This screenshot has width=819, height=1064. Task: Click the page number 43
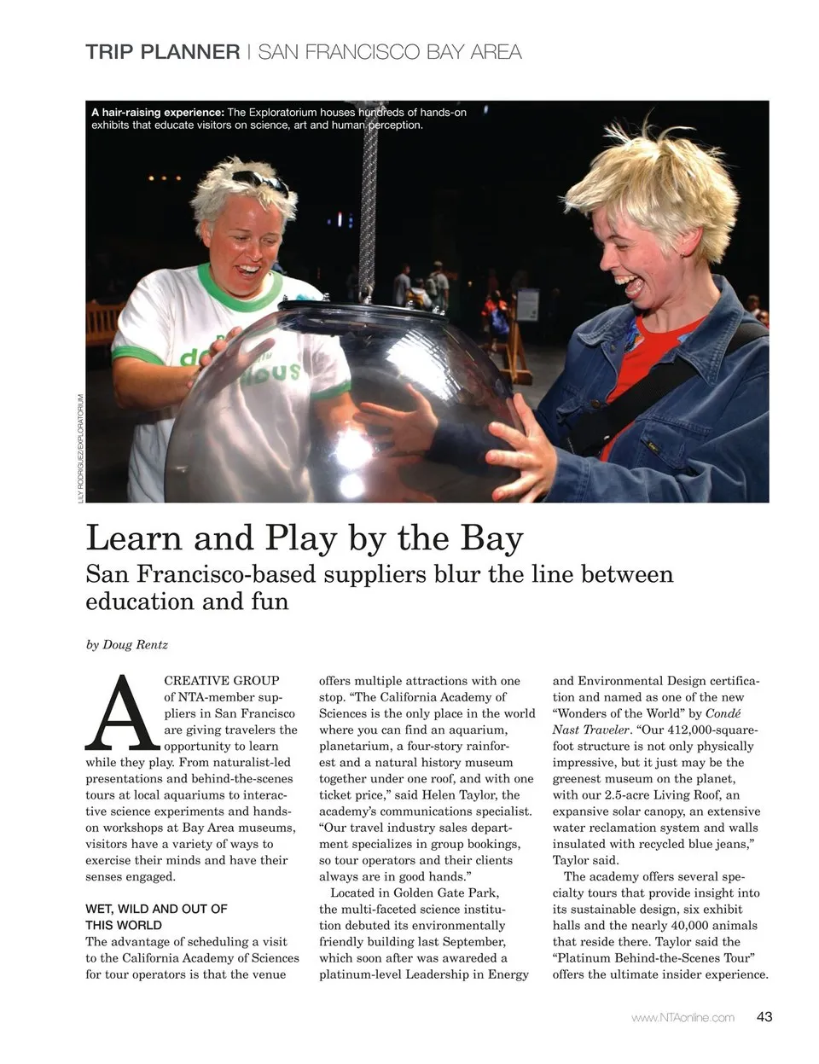pyautogui.click(x=764, y=1017)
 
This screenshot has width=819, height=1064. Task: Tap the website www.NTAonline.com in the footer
pyautogui.click(x=682, y=1018)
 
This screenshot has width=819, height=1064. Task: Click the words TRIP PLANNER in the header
pyautogui.click(x=163, y=52)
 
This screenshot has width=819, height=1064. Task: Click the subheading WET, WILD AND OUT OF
pyautogui.click(x=156, y=910)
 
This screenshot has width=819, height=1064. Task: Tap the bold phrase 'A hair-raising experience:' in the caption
pyautogui.click(x=158, y=113)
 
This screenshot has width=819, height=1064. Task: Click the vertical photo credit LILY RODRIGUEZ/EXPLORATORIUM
pyautogui.click(x=81, y=448)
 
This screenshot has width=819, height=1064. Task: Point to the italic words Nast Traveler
pyautogui.click(x=592, y=730)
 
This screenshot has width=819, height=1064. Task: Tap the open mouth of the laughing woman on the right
pyautogui.click(x=629, y=282)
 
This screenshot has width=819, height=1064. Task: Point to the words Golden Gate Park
pyautogui.click(x=445, y=893)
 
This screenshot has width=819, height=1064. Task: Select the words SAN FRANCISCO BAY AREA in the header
pyautogui.click(x=389, y=52)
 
